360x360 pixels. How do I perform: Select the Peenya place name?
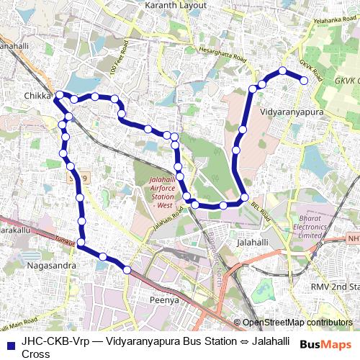pyautogui.click(x=163, y=300)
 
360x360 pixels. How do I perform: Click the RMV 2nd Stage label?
pyautogui.click(x=328, y=287)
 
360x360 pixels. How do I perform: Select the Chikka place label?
pyautogui.click(x=38, y=96)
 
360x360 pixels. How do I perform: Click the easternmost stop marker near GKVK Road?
pyautogui.click(x=304, y=81)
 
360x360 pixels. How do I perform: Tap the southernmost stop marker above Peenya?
pyautogui.click(x=127, y=270)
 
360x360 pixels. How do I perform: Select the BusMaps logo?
pyautogui.click(x=326, y=345)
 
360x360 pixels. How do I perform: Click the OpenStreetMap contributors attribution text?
pyautogui.click(x=297, y=323)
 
